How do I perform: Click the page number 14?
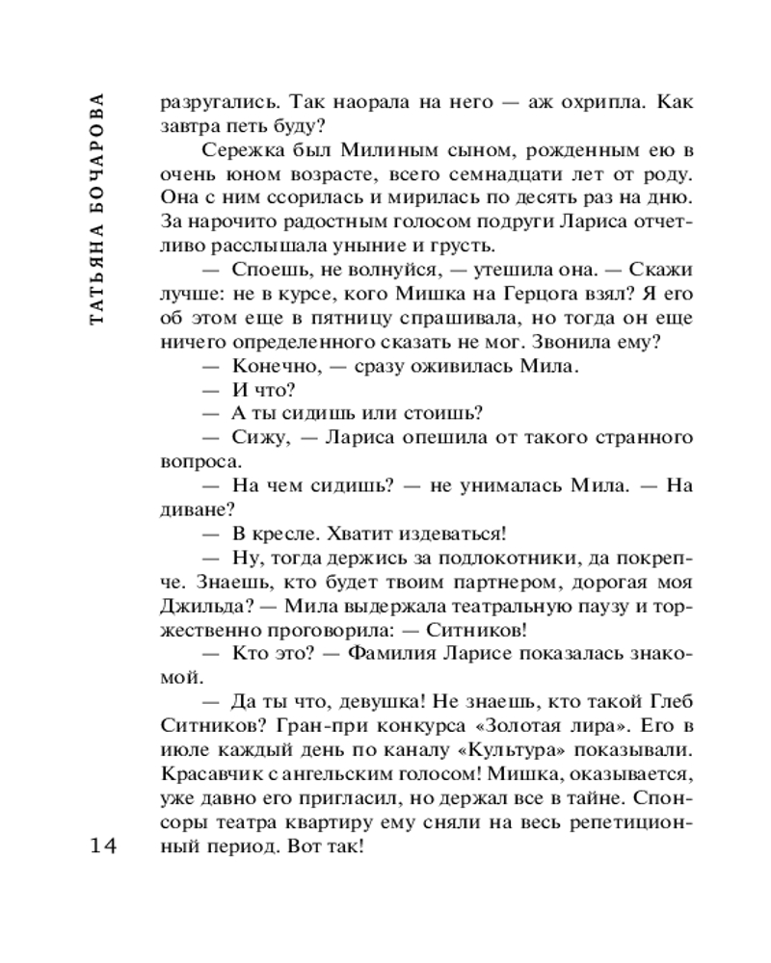[103, 846]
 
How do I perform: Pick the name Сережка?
[241, 152]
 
